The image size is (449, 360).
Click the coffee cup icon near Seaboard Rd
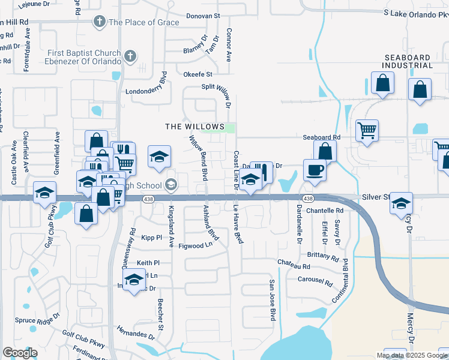pos(315,170)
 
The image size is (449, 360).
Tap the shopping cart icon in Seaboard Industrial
pos(367,130)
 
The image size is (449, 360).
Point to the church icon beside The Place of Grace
pos(99,22)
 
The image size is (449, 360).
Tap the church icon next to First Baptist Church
pos(130,57)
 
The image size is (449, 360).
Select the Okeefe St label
pos(199,74)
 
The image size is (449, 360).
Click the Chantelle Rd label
pos(324,211)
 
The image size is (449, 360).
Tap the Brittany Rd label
pos(324,256)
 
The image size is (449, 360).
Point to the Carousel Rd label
pos(315,280)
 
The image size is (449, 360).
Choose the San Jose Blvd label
pos(272,300)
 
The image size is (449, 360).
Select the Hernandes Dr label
pos(136,334)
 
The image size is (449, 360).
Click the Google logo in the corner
pos(20,353)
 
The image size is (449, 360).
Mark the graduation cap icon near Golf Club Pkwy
pos(44,193)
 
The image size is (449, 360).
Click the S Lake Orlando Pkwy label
pos(415,13)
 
